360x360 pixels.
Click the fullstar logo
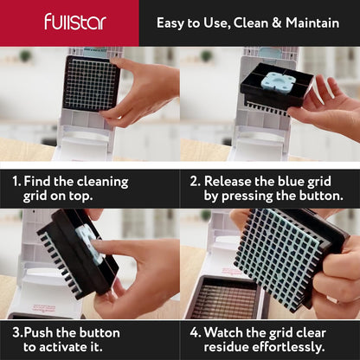click(x=75, y=22)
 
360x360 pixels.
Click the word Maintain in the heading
click(x=312, y=22)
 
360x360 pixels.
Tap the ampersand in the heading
click(x=276, y=23)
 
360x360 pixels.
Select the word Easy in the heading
click(x=170, y=23)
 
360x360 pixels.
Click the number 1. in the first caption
click(x=16, y=182)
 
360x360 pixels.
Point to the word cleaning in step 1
click(x=102, y=183)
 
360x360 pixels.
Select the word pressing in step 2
click(x=247, y=196)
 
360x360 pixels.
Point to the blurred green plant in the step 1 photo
click(x=25, y=56)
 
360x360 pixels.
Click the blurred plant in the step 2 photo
click(x=207, y=56)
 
